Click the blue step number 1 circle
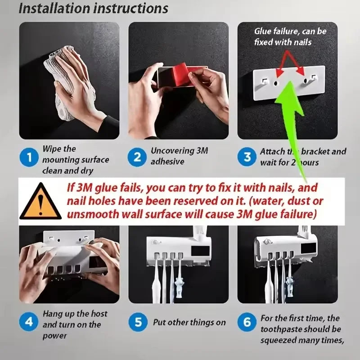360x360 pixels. tap(30, 158)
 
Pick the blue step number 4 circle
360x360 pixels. tap(30, 322)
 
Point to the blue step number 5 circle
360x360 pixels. tap(138, 322)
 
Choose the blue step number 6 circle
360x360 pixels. tap(247, 322)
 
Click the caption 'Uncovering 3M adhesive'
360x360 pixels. tap(179, 156)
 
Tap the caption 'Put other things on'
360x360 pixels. tap(189, 322)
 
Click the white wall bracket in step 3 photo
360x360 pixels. tap(288, 84)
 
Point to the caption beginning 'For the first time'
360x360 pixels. tap(301, 329)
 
